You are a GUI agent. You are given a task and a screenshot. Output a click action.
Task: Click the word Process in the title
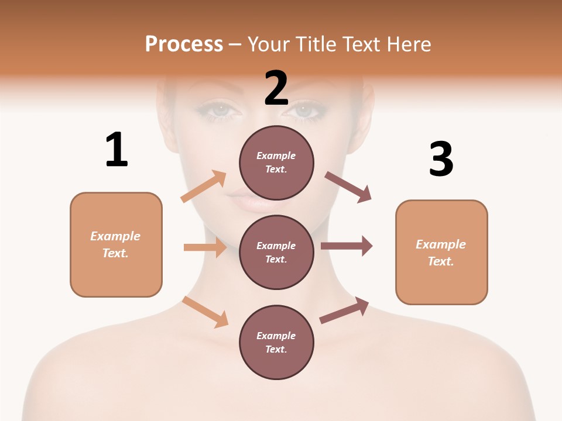click(184, 44)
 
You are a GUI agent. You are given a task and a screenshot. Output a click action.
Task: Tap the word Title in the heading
click(314, 44)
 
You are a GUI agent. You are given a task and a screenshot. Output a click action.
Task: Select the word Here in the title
click(407, 44)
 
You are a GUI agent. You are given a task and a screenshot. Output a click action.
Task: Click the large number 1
click(116, 150)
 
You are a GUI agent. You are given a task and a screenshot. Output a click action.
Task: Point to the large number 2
click(276, 88)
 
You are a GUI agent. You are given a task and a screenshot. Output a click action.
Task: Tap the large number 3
click(441, 160)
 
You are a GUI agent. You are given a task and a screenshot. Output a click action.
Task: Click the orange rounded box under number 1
click(116, 244)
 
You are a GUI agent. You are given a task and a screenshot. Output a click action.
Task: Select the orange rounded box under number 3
click(441, 252)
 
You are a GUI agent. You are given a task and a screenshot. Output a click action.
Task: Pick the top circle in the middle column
click(276, 163)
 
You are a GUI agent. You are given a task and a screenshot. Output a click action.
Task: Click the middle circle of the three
click(276, 252)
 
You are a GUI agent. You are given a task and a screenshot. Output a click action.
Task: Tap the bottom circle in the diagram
click(276, 342)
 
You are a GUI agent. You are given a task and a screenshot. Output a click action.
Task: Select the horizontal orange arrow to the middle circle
click(205, 247)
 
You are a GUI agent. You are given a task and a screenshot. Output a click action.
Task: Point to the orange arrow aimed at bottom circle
click(205, 312)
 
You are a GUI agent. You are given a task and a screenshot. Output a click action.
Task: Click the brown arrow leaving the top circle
click(348, 187)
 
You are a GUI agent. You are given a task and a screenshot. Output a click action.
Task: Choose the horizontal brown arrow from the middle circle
click(347, 246)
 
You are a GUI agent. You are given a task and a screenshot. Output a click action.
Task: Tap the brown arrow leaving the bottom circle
click(344, 310)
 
